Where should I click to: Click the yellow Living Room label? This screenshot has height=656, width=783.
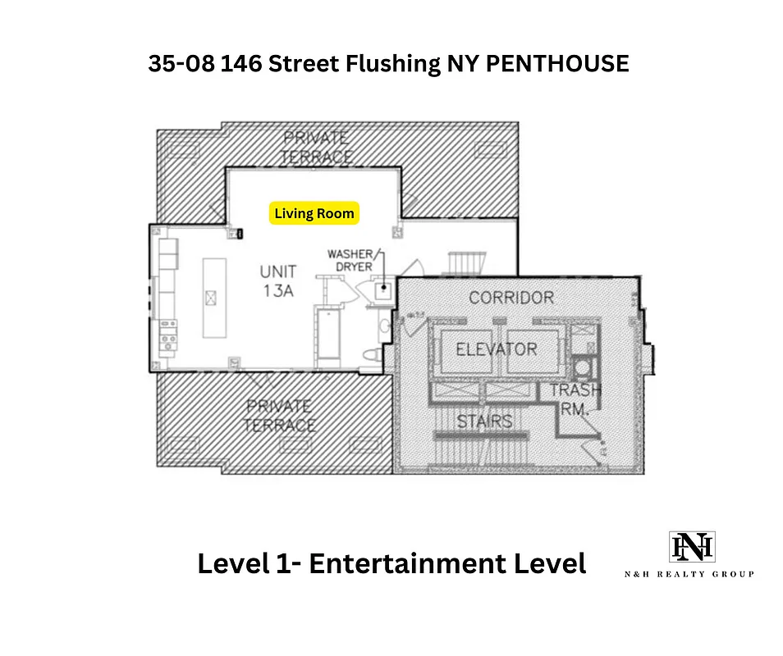(x=314, y=214)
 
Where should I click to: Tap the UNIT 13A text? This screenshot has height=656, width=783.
(x=278, y=280)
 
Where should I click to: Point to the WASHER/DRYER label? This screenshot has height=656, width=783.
(x=350, y=260)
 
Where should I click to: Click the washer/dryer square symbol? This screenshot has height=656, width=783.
(x=382, y=289)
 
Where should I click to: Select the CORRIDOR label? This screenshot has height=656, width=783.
(x=511, y=298)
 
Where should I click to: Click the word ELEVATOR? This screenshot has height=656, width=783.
(x=496, y=349)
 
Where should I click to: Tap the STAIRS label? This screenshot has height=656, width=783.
(x=484, y=421)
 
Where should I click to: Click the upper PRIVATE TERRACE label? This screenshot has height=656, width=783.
(x=316, y=147)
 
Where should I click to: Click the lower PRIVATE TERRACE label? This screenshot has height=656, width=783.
(x=280, y=416)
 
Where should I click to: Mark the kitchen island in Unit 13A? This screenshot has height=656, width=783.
(x=213, y=296)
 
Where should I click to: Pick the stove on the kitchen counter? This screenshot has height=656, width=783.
(x=168, y=336)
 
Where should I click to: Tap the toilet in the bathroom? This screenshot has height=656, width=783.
(x=370, y=353)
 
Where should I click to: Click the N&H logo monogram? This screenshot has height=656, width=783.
(x=692, y=547)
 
